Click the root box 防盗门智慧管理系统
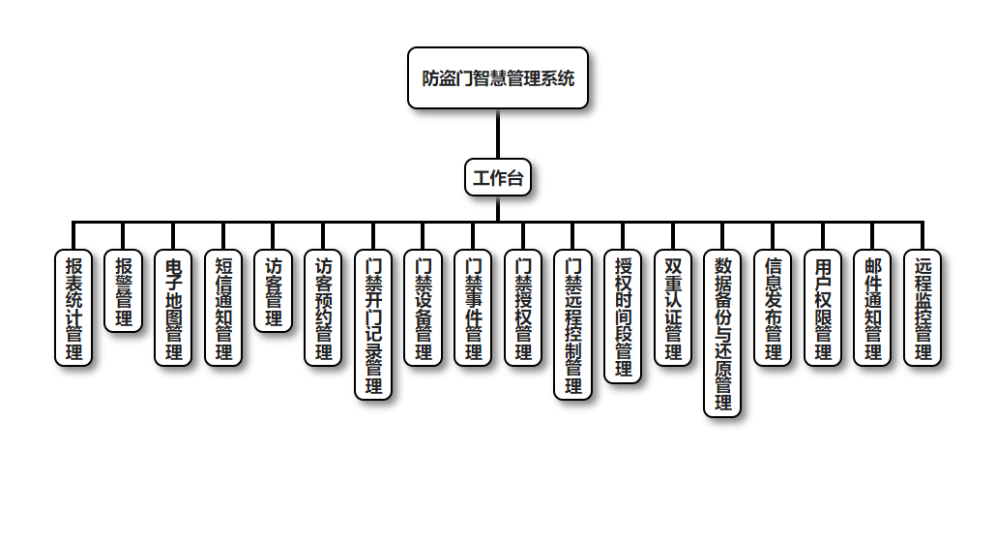pyautogui.click(x=498, y=78)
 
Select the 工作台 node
pyautogui.click(x=498, y=177)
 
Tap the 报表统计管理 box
pyautogui.click(x=73, y=308)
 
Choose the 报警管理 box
pyautogui.click(x=123, y=291)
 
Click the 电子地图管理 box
pyautogui.click(x=173, y=308)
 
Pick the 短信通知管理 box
pyautogui.click(x=223, y=308)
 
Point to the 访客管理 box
pyautogui.click(x=273, y=291)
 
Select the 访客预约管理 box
pyautogui.click(x=323, y=308)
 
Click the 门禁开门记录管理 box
pyautogui.click(x=373, y=324)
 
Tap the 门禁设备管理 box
pyautogui.click(x=423, y=308)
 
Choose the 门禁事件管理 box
pyautogui.click(x=473, y=308)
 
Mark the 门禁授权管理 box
pyautogui.click(x=523, y=308)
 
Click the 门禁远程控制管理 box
pyautogui.click(x=572, y=324)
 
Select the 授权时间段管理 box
pyautogui.click(x=623, y=316)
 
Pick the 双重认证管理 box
pyautogui.click(x=673, y=308)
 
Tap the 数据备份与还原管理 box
pyautogui.click(x=722, y=333)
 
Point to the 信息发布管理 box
pyautogui.click(x=773, y=308)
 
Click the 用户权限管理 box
pyautogui.click(x=823, y=308)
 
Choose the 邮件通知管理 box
pyautogui.click(x=872, y=308)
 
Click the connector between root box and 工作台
pyautogui.click(x=498, y=134)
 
